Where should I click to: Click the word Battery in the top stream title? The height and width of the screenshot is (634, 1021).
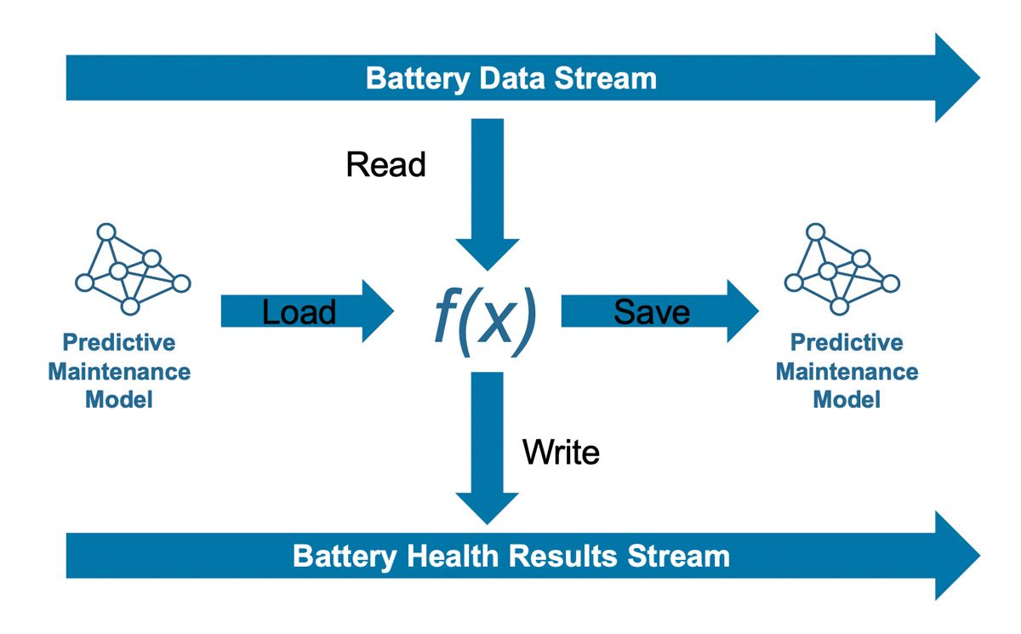pos(418,78)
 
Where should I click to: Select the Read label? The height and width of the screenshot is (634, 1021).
pos(385,164)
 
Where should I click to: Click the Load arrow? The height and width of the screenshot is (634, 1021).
pos(306,311)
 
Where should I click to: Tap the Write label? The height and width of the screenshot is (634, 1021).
pos(561,452)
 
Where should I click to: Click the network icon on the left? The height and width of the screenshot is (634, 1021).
pos(133,270)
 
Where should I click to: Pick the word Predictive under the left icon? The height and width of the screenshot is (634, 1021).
pos(119,343)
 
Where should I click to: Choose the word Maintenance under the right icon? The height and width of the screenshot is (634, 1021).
pos(847,372)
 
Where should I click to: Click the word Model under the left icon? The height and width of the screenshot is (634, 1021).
pos(119,399)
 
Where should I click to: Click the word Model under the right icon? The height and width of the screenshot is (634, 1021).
pos(847,399)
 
